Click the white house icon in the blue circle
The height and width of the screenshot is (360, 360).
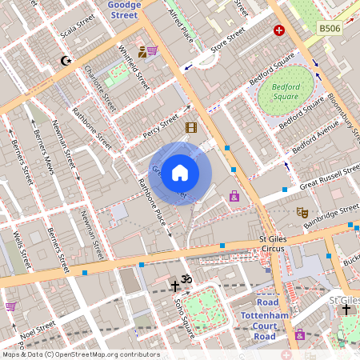tap(180, 173)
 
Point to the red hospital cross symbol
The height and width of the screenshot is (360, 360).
tap(278, 30)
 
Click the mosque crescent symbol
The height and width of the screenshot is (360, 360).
tap(66, 61)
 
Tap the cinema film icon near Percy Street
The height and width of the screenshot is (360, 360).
tap(190, 127)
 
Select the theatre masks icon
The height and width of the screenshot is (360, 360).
tap(302, 212)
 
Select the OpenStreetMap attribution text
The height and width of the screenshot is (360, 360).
tap(80, 354)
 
